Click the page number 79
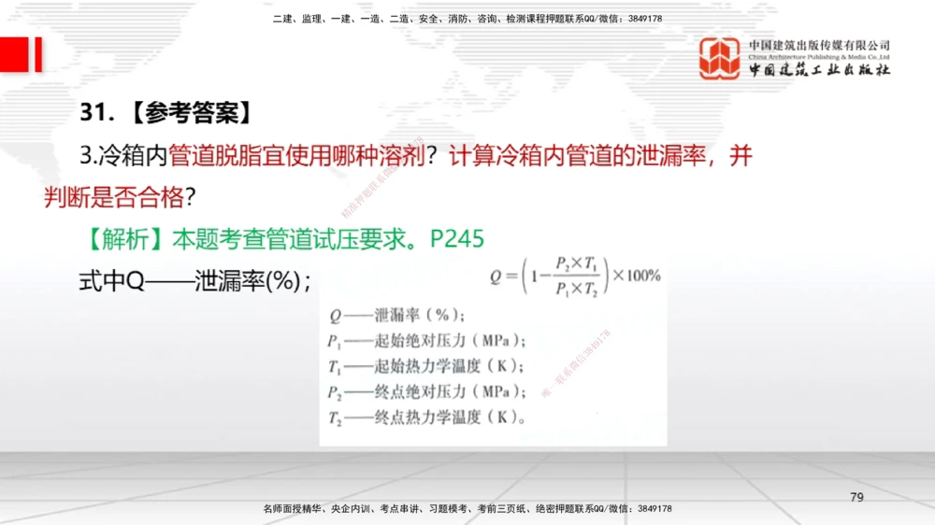(x=856, y=496)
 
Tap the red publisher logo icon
(x=720, y=58)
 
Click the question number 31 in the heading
(x=94, y=114)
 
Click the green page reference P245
(x=457, y=239)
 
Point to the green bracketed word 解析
(x=123, y=240)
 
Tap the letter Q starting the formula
(x=496, y=277)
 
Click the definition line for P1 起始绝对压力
(x=425, y=339)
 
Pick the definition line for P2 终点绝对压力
(x=425, y=390)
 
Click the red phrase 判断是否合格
(x=114, y=197)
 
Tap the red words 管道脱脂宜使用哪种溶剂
(x=297, y=157)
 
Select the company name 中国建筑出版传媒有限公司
(x=819, y=46)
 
